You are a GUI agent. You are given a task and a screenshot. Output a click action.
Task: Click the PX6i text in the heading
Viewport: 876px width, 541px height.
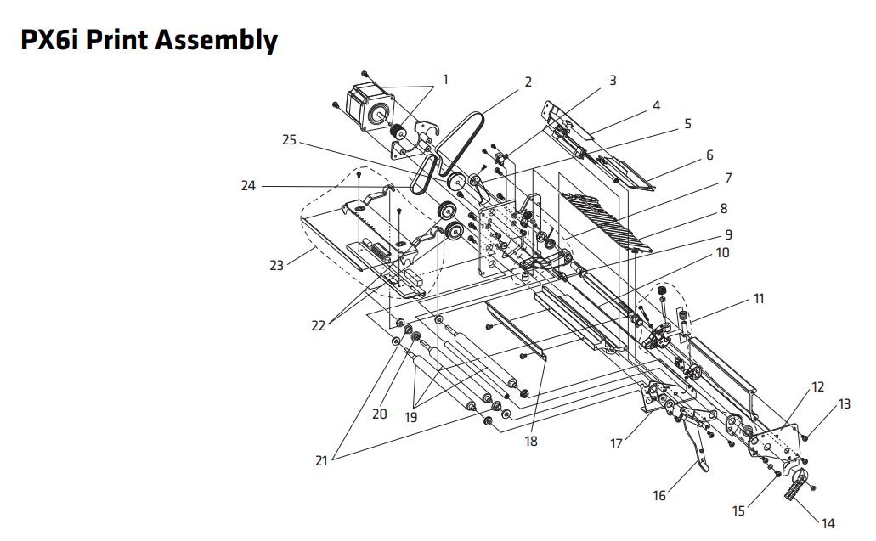tap(49, 40)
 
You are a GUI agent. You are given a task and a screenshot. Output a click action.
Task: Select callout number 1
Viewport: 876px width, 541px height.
tap(444, 80)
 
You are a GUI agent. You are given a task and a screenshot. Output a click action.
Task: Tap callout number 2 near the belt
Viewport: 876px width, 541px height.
tap(528, 82)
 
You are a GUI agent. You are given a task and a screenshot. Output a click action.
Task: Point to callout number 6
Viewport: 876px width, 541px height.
tap(709, 155)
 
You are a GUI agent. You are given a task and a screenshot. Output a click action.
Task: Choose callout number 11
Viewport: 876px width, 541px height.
tap(759, 299)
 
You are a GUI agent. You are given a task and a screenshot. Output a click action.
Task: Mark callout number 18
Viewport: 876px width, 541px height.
tap(531, 442)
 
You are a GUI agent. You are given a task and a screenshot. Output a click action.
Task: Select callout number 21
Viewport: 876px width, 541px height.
tap(321, 460)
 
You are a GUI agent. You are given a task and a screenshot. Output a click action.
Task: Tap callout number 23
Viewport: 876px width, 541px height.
tap(276, 265)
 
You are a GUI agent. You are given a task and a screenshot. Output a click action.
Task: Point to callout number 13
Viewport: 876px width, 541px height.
tap(844, 404)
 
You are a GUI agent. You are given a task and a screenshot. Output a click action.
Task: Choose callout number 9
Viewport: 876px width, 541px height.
tap(728, 234)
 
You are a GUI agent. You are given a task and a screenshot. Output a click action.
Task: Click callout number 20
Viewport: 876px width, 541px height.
tap(379, 414)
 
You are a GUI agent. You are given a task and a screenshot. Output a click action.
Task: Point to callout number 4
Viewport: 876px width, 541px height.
tap(656, 106)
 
